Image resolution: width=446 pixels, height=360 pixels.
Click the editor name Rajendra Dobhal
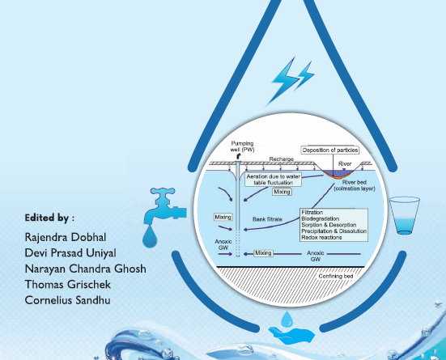point(66,238)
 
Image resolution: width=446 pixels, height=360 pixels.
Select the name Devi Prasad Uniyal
point(70,253)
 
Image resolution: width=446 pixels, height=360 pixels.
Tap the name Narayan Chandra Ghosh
point(86,269)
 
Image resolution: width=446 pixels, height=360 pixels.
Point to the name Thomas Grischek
point(68,285)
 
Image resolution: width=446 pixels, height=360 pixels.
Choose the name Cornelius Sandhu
point(68,300)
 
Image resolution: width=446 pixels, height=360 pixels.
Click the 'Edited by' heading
point(49,218)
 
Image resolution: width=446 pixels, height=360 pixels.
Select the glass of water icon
point(405,215)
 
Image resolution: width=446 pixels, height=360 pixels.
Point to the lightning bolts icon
point(290,81)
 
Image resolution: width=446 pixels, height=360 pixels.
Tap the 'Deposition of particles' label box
point(330,150)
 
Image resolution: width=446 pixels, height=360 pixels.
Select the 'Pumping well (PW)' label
point(242,146)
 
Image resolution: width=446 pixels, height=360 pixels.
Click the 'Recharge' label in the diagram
point(282,159)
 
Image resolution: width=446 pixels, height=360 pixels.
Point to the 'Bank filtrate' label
point(267,219)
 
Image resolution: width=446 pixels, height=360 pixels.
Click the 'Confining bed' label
point(336,276)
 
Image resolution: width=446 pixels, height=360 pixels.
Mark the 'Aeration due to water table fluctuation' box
point(273,180)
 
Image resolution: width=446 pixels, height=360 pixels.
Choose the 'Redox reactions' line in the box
point(321,238)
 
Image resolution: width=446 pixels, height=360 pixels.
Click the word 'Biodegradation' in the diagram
point(321,218)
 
